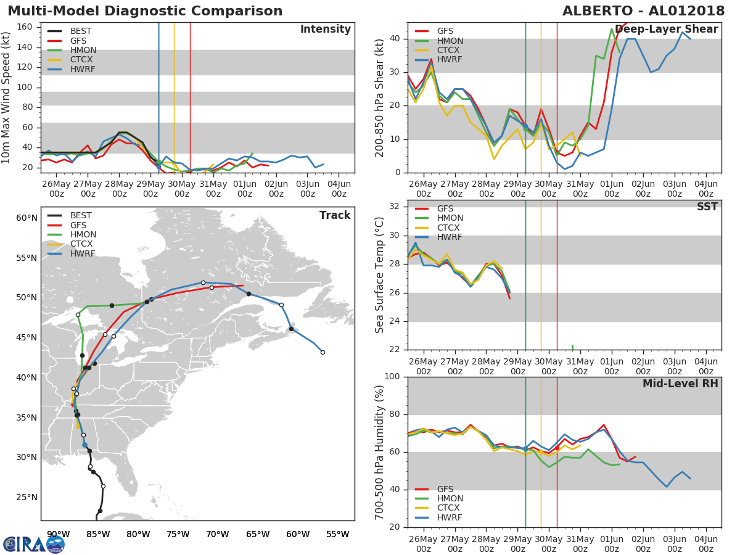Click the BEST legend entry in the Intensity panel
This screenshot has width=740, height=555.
(x=70, y=31)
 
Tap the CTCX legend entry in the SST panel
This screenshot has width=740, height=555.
(x=437, y=228)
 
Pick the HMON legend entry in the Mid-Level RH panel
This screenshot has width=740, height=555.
(x=439, y=498)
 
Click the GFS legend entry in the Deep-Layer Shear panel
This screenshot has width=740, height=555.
(x=434, y=31)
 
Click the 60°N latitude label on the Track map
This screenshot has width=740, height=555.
(x=27, y=218)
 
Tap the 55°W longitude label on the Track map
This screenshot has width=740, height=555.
(x=337, y=534)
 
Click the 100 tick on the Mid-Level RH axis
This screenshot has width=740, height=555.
(x=392, y=376)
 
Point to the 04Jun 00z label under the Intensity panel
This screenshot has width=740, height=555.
(x=339, y=189)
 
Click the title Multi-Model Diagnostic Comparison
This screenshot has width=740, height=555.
(x=145, y=11)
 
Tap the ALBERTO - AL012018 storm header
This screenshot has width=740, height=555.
(x=643, y=11)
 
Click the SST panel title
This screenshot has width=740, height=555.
(x=707, y=207)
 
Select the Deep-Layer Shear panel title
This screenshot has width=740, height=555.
(x=666, y=30)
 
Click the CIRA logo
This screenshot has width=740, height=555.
(x=34, y=545)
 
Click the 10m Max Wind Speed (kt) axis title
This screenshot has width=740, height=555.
(x=6, y=97)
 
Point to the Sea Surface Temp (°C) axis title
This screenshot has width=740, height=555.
(x=379, y=275)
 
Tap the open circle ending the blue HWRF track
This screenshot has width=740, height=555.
(x=323, y=353)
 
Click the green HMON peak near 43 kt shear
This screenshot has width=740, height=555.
(x=612, y=28)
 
